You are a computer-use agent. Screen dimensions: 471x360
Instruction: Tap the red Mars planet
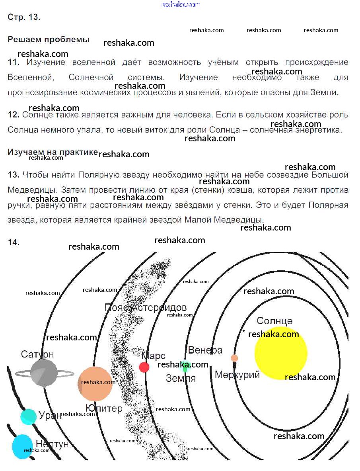[x=144, y=367]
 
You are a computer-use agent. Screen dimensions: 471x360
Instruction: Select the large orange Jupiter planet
[x=95, y=383]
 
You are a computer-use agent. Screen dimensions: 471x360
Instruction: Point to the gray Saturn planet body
[x=43, y=373]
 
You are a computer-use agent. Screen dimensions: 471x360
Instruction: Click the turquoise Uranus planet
[x=28, y=416]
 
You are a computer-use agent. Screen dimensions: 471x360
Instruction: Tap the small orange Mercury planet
[x=235, y=358]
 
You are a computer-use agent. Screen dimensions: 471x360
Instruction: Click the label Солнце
[x=274, y=321]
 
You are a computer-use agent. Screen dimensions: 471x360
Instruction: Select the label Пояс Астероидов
[x=145, y=307]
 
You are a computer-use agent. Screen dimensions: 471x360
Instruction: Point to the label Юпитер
[x=104, y=408]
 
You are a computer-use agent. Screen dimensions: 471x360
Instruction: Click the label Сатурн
[x=37, y=354]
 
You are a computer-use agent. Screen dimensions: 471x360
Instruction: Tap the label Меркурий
[x=237, y=375]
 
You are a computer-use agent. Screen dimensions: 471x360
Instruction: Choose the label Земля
[x=181, y=378]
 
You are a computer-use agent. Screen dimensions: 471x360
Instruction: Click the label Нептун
[x=52, y=444]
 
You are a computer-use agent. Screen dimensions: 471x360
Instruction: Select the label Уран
[x=51, y=415]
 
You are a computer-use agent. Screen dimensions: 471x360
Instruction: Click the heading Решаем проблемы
[x=49, y=40]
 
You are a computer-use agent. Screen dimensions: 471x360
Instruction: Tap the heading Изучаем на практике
[x=53, y=152]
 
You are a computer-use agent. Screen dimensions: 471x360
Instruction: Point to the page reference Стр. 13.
[x=24, y=18]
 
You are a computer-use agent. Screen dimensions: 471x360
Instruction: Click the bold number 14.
[x=14, y=242]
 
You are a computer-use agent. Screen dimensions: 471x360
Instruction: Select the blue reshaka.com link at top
[x=180, y=4]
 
